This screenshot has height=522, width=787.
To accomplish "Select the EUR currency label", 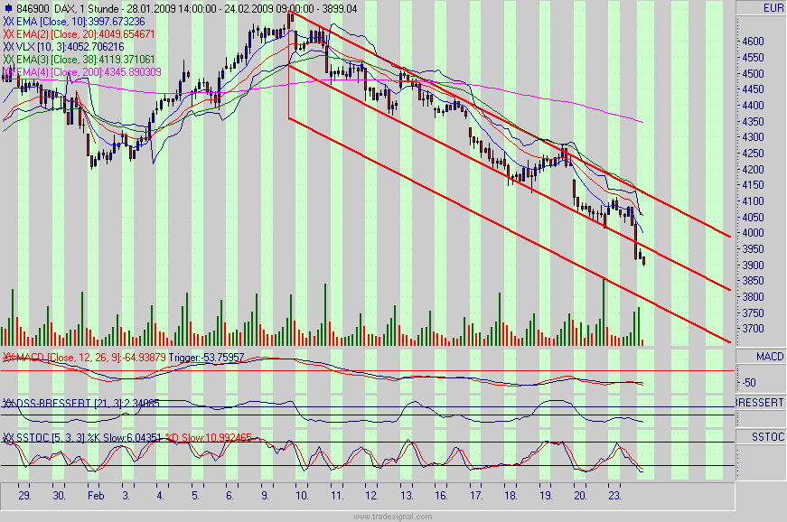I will (x=773, y=8).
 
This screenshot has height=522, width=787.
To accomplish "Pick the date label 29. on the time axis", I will (x=24, y=496).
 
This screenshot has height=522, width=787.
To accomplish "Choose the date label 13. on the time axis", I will (x=407, y=496).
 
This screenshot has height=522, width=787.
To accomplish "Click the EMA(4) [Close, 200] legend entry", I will (x=81, y=71).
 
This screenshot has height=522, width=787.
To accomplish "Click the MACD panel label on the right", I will (x=770, y=358).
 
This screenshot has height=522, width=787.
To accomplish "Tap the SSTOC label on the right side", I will (x=769, y=436).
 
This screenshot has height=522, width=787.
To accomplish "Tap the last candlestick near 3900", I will (x=643, y=260).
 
